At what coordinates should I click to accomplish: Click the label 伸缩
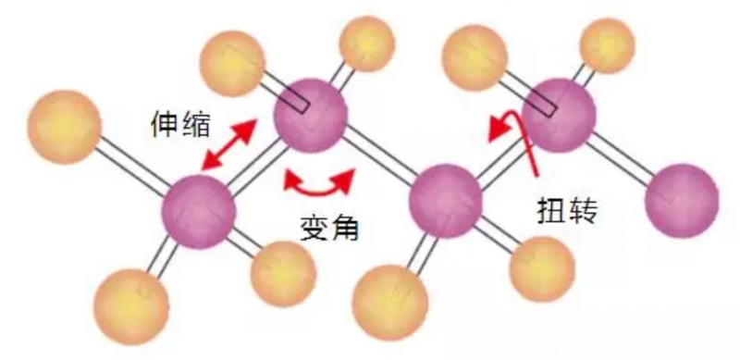pyautogui.click(x=181, y=123)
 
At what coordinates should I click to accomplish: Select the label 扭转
pyautogui.click(x=566, y=212)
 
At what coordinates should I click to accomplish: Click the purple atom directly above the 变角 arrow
pyautogui.click(x=311, y=116)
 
